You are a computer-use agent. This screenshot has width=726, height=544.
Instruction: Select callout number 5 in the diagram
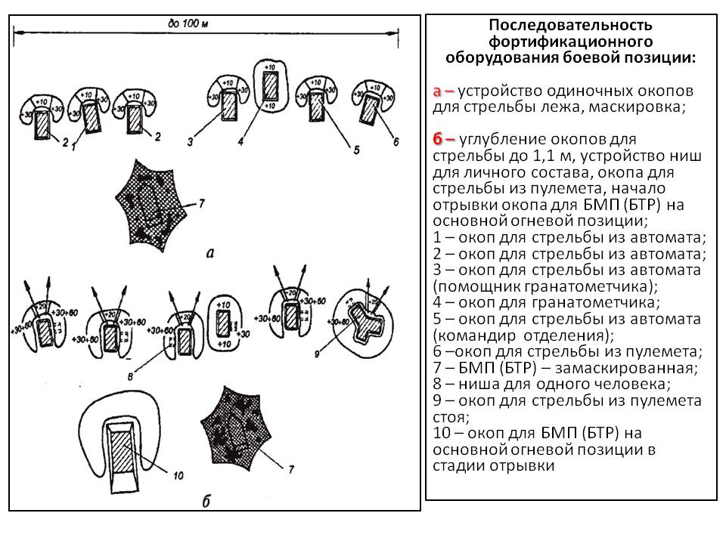click(357, 150)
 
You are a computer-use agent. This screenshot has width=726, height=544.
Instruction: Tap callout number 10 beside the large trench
click(178, 475)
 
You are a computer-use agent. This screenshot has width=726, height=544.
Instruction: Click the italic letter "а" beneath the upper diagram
click(209, 254)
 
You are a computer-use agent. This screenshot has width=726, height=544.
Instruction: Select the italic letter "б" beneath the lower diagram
click(206, 502)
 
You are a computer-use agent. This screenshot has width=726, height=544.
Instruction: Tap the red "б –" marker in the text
click(444, 140)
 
